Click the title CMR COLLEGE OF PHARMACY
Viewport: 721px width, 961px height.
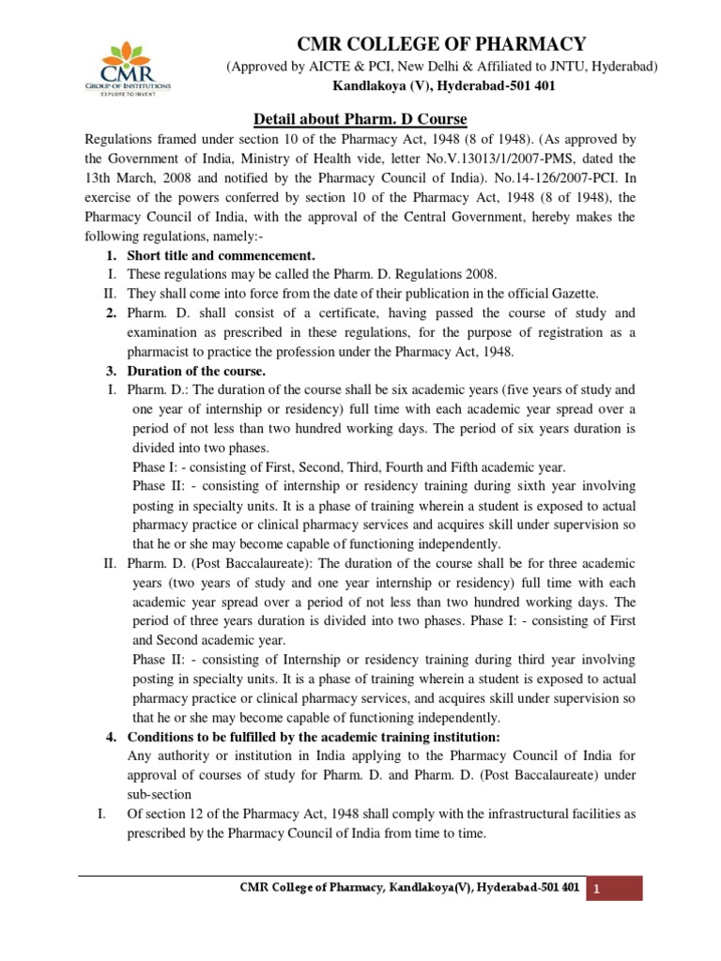442,44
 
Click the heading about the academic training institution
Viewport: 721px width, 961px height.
314,737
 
